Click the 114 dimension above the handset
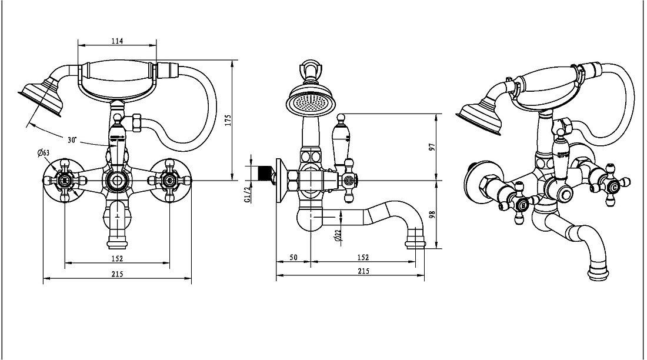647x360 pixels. (117, 41)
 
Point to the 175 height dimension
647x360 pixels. (228, 120)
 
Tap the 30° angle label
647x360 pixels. (72, 140)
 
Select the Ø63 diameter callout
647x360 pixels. (44, 153)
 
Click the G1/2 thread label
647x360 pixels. (247, 195)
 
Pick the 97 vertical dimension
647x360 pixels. (432, 148)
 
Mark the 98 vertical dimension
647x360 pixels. (432, 215)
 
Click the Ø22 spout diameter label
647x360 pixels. (338, 235)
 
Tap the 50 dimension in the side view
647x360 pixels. (293, 258)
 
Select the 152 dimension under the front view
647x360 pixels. (117, 259)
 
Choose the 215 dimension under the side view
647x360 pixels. (363, 271)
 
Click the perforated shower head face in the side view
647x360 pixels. (309, 102)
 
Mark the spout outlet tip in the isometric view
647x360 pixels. (598, 274)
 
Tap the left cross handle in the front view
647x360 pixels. (65, 181)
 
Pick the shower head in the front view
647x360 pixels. (41, 98)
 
